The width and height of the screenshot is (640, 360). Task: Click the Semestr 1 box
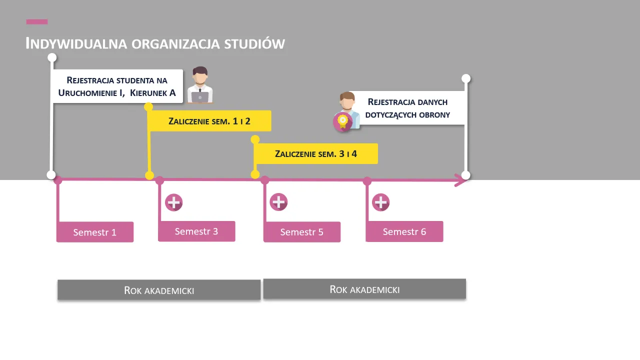click(x=95, y=232)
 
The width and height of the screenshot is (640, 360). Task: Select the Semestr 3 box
click(x=196, y=231)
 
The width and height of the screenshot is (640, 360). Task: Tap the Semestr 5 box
click(x=302, y=232)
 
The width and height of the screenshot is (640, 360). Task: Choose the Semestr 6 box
click(x=404, y=231)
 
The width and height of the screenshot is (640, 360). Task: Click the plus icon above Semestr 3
click(x=174, y=202)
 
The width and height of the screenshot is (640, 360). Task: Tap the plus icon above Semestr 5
click(x=278, y=202)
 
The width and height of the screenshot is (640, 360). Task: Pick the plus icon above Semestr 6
click(x=381, y=202)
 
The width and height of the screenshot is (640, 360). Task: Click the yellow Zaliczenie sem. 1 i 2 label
click(x=209, y=121)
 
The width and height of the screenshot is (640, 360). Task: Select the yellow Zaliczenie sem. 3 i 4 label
click(x=316, y=153)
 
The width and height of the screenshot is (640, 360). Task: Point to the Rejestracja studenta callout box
click(x=117, y=86)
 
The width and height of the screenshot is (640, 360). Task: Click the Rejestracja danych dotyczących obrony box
click(x=407, y=108)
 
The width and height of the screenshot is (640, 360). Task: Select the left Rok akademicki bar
click(x=159, y=290)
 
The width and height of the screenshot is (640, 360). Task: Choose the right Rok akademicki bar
click(x=364, y=289)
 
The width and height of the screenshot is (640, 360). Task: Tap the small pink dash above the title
click(x=37, y=21)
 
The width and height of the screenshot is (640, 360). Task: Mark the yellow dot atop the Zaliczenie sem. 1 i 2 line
click(x=148, y=106)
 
